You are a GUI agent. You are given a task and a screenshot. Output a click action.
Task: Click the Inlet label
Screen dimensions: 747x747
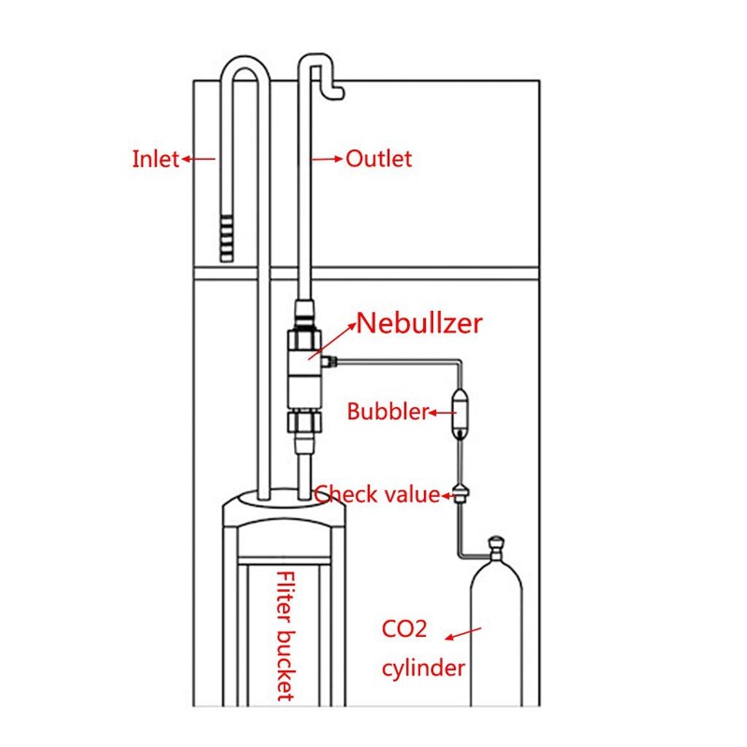tap(155, 159)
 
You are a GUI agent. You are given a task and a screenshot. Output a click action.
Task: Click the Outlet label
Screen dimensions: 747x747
tap(378, 159)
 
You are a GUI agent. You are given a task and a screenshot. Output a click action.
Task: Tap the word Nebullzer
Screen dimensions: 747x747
tap(420, 324)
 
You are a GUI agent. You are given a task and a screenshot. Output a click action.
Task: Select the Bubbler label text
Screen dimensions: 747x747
tap(388, 411)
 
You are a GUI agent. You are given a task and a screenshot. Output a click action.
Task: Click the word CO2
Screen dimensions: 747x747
tap(404, 628)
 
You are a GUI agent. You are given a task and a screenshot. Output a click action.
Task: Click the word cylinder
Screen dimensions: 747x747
tap(422, 668)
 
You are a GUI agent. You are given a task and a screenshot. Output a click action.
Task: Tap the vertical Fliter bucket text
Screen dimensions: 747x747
tap(286, 636)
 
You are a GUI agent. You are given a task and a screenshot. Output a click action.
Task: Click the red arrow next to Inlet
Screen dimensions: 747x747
tap(198, 159)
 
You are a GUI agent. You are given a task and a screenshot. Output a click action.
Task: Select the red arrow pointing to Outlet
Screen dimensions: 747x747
tap(328, 159)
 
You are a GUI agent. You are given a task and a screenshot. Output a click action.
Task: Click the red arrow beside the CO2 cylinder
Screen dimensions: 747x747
tap(463, 634)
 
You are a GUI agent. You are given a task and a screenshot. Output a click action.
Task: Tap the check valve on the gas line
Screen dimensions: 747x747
tap(459, 493)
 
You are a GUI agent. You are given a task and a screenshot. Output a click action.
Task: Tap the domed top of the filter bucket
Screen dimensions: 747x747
tap(285, 509)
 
